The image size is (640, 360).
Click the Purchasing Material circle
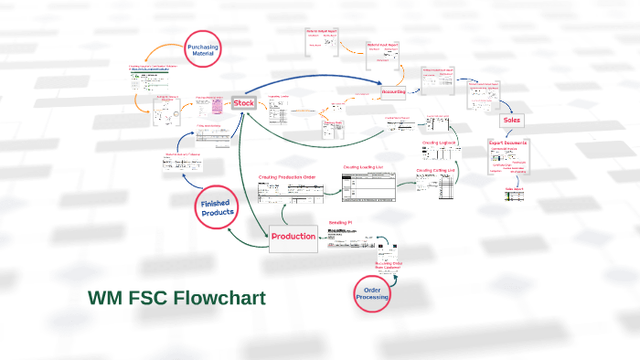[202, 52]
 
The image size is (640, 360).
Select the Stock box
[244, 103]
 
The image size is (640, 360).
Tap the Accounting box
[394, 91]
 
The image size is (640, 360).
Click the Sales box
[511, 120]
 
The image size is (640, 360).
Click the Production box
[293, 236]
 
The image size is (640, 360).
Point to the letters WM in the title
[106, 298]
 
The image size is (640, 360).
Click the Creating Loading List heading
[366, 167]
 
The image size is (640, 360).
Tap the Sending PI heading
[341, 222]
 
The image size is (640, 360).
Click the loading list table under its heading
[368, 185]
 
